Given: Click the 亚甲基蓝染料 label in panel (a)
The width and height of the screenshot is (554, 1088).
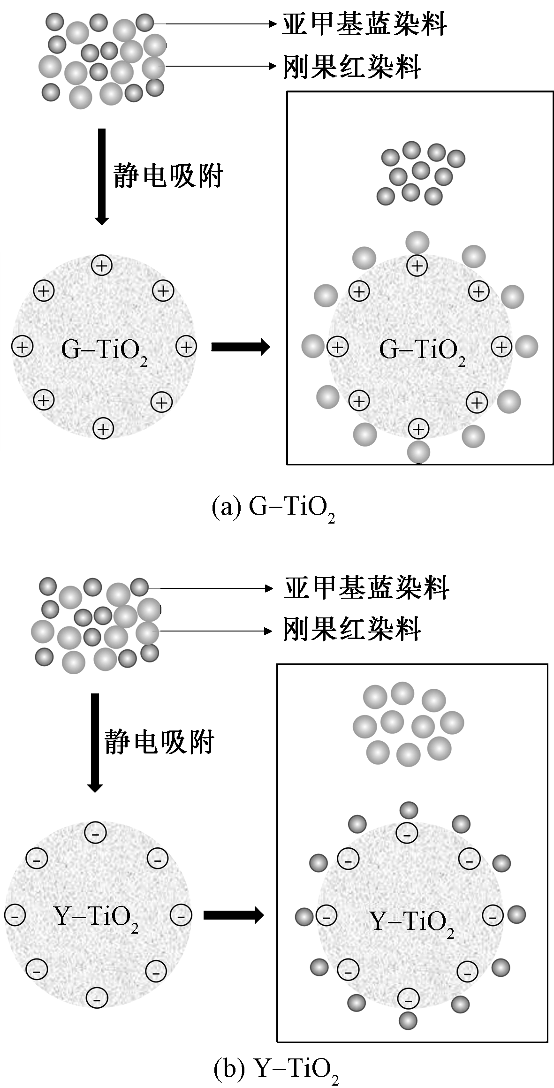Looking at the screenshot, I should pyautogui.click(x=364, y=23).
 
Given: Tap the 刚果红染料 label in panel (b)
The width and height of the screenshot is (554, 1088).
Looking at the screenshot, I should pyautogui.click(x=352, y=630).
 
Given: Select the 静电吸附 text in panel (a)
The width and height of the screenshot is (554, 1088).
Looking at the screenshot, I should pyautogui.click(x=168, y=176).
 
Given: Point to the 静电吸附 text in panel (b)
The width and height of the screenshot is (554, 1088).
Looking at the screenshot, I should pyautogui.click(x=159, y=742).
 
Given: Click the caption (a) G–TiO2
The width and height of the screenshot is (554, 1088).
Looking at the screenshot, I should pyautogui.click(x=273, y=508).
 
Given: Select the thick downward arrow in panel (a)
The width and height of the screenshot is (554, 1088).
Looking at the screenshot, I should pyautogui.click(x=101, y=176).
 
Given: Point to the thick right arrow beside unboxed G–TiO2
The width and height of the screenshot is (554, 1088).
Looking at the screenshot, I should pyautogui.click(x=240, y=347).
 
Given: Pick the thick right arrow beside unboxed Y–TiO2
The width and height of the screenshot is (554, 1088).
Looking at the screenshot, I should pyautogui.click(x=233, y=915).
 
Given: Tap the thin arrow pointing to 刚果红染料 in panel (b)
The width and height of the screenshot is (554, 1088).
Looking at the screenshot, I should pyautogui.click(x=216, y=631).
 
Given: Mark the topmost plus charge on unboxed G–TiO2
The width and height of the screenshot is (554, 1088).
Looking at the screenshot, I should pyautogui.click(x=101, y=266).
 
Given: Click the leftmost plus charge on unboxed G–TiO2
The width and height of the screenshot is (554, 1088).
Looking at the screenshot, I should pyautogui.click(x=23, y=347).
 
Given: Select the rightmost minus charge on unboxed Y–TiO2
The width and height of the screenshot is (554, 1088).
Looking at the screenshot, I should pyautogui.click(x=181, y=915).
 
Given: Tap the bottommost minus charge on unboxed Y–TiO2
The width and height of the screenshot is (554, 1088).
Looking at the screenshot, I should pyautogui.click(x=97, y=998).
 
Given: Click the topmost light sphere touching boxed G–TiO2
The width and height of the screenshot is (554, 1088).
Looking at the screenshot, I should pyautogui.click(x=417, y=243).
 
